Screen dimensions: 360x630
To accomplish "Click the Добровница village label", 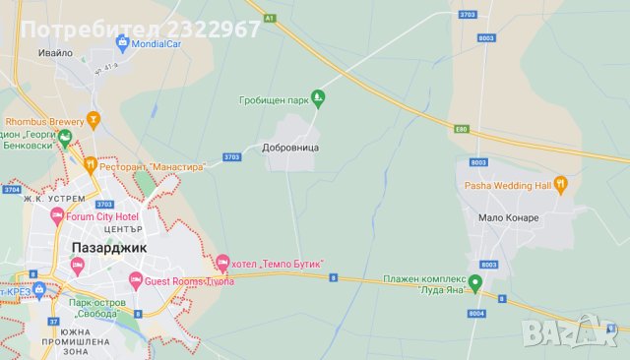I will [291, 147].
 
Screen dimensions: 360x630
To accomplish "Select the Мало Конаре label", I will [509, 217].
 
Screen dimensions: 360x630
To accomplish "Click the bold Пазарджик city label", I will [109, 247].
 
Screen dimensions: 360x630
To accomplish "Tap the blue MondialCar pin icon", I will [122, 42].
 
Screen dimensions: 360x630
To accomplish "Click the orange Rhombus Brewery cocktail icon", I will [94, 121].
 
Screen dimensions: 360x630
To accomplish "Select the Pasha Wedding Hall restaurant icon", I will [561, 183].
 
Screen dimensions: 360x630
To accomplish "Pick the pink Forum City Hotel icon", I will [57, 216].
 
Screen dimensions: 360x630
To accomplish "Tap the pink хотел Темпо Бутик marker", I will [222, 263].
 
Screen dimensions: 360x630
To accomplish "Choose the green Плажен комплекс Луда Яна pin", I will [474, 284].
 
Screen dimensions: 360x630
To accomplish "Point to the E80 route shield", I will [461, 129].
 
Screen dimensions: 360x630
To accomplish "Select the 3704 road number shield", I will [12, 189].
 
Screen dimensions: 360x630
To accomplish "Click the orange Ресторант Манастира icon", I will [90, 165].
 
